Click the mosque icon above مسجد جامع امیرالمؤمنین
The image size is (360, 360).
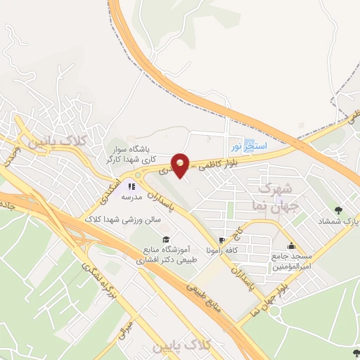point(291,246)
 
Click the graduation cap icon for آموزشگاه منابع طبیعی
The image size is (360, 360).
point(167,239)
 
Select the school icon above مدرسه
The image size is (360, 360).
point(131,186)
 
